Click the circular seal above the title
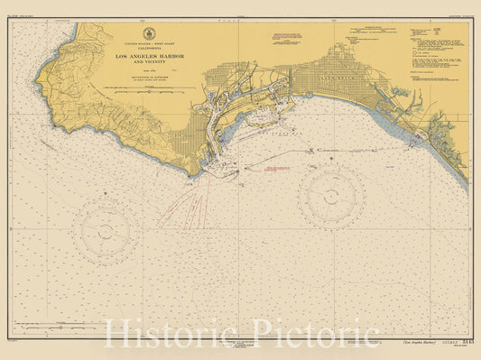coord(149,33)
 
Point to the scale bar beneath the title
coord(149,88)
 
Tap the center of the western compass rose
coord(106,231)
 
